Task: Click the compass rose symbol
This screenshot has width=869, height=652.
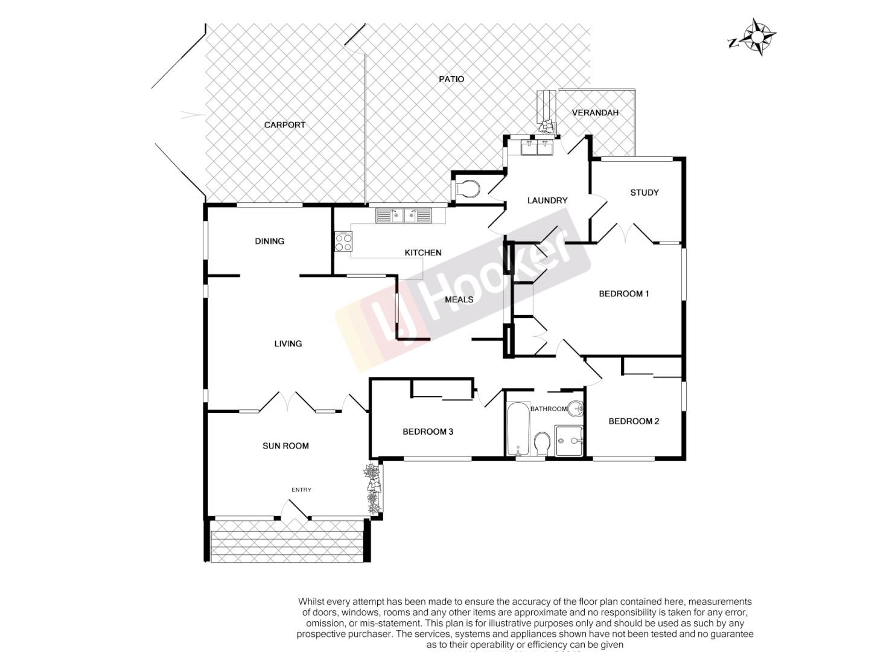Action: [x=756, y=37]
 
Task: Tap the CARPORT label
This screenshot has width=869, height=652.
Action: [x=285, y=125]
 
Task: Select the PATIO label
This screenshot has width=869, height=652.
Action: [x=451, y=79]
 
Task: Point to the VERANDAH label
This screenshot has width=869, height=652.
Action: [x=595, y=113]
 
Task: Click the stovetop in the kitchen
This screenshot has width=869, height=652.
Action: [x=343, y=242]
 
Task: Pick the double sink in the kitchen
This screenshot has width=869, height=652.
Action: [x=404, y=215]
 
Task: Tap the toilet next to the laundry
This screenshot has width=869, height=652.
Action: [x=467, y=188]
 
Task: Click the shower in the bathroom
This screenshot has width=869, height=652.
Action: [x=569, y=441]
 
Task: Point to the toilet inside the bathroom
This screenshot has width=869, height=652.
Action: [x=542, y=444]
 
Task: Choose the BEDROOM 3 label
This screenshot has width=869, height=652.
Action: [x=428, y=432]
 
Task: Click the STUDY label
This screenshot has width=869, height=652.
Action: [x=644, y=193]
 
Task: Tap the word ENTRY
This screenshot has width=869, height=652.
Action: [x=301, y=490]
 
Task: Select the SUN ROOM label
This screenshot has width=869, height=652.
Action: [x=285, y=446]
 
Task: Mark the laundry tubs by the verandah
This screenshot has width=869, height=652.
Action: [x=536, y=147]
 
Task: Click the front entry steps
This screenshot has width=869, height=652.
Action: [x=286, y=540]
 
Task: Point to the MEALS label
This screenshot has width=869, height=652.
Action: [x=459, y=299]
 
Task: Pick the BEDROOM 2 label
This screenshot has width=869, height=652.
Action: [x=634, y=421]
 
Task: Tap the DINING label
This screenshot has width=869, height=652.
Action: [x=269, y=241]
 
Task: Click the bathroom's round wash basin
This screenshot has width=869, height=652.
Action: [x=576, y=409]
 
